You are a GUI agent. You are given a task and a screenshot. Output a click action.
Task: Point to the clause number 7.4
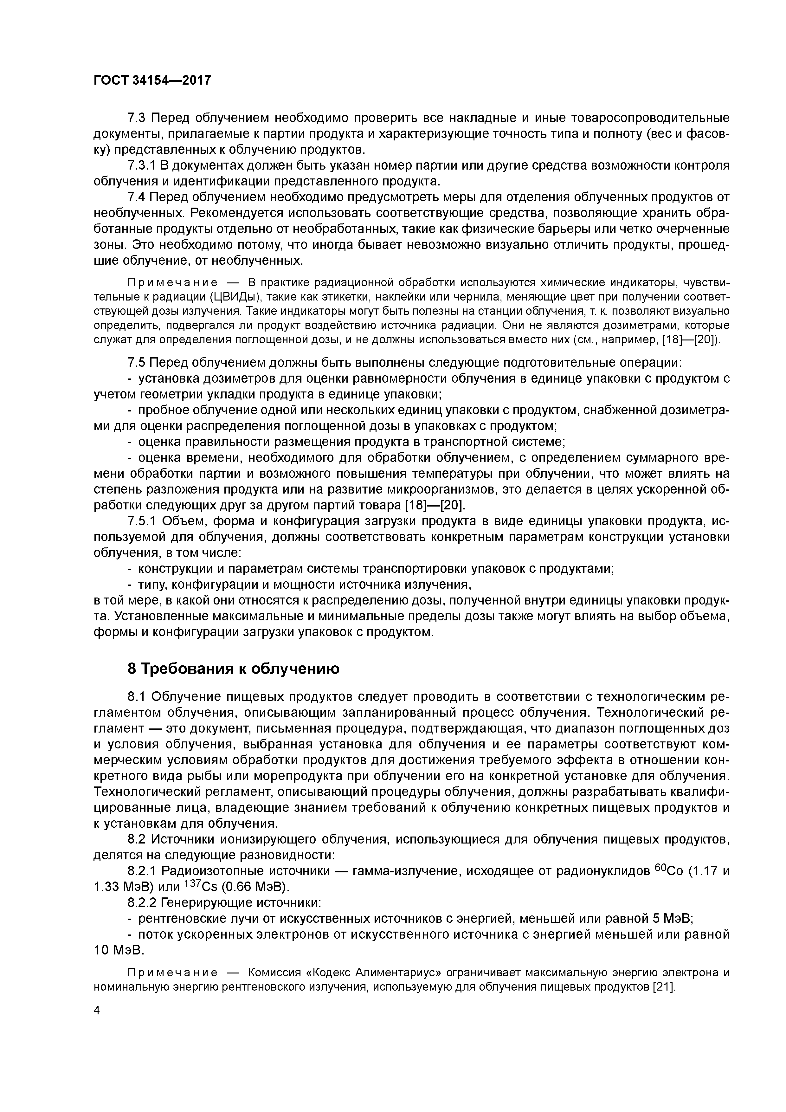click(x=137, y=197)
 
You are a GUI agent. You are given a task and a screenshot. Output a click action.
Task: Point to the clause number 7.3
click(x=137, y=118)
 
